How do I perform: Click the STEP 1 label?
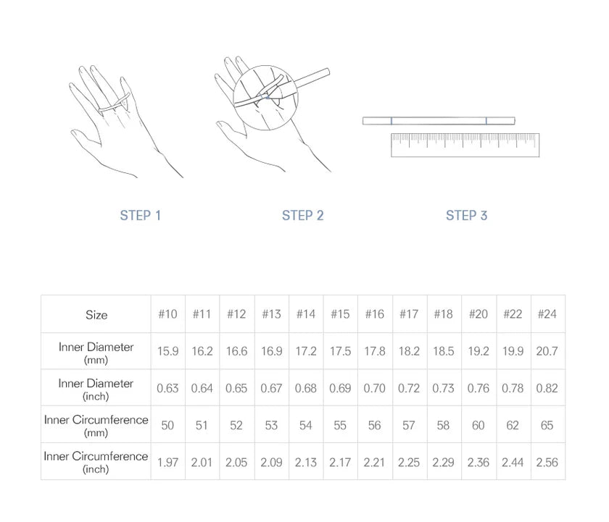(140, 215)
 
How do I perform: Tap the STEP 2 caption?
(303, 215)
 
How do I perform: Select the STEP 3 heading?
(466, 215)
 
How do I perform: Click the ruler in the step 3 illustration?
(465, 145)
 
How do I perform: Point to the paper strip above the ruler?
(439, 121)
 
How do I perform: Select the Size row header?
(96, 314)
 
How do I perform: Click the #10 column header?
(167, 313)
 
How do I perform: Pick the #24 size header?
(547, 313)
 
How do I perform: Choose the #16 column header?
(374, 313)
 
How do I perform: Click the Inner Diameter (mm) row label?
(96, 353)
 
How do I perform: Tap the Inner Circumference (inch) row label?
(96, 463)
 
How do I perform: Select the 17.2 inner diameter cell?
(306, 351)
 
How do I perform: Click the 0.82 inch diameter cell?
(547, 388)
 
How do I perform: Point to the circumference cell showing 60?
(478, 426)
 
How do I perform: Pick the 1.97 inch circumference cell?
(167, 463)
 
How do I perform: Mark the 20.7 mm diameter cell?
(547, 351)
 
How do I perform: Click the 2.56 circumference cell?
(547, 463)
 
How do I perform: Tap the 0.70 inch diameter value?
(374, 388)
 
